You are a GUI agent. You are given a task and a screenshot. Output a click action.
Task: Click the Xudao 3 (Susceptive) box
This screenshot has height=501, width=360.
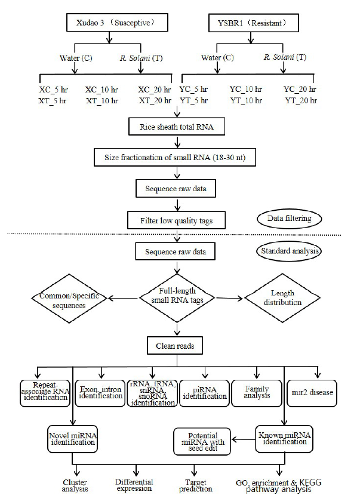(117, 22)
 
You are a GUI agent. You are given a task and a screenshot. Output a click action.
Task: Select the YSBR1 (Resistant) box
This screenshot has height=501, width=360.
(254, 23)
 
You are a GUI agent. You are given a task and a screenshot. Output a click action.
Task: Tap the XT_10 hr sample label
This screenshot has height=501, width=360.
(102, 101)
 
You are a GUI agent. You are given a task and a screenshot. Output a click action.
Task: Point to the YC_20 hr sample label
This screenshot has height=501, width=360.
(300, 89)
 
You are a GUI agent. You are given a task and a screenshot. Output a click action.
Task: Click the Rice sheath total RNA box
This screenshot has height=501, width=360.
(177, 127)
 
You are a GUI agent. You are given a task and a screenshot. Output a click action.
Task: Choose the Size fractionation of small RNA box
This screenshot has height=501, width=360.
(175, 157)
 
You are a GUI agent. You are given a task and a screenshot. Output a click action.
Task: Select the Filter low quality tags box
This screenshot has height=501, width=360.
(176, 220)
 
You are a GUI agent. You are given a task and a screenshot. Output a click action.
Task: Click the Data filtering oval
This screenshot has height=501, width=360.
(290, 219)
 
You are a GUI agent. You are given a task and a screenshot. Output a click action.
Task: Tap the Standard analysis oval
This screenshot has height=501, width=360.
(289, 251)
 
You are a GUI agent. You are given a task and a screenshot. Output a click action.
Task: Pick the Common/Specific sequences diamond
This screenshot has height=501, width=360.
(69, 299)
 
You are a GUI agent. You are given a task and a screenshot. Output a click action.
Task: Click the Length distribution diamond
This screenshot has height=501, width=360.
(282, 298)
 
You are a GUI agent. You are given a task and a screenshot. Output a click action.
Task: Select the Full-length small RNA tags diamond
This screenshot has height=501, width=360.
(177, 298)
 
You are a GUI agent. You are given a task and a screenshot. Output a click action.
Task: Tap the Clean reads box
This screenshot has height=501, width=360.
(175, 345)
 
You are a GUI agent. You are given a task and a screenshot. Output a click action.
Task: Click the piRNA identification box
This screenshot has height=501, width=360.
(204, 394)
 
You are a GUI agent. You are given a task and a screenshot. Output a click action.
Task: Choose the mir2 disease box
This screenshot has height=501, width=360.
(312, 393)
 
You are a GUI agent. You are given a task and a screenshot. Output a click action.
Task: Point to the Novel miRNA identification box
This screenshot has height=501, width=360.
(72, 439)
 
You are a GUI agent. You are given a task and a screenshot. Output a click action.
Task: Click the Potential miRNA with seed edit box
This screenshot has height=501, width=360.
(202, 441)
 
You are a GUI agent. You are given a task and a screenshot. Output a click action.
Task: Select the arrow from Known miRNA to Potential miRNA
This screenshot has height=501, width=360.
(243, 439)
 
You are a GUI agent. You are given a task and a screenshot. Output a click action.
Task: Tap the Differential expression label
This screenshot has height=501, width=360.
(134, 485)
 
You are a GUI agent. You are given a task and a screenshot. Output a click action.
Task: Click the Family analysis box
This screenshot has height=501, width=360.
(257, 394)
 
